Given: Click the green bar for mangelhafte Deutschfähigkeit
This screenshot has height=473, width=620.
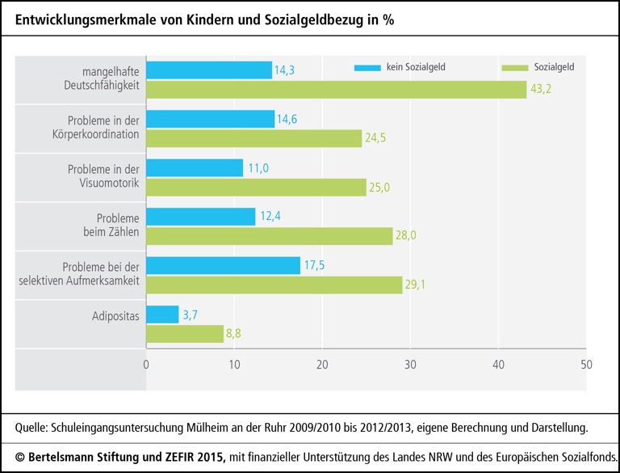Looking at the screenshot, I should coord(336,89).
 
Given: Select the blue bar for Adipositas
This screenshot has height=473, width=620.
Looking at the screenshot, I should coord(162,315).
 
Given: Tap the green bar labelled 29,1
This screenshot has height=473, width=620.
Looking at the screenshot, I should coord(274,285).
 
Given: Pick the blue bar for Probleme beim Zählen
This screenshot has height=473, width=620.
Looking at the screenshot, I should coord(200,217).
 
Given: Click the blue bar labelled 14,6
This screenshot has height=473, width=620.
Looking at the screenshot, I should coord(210,119).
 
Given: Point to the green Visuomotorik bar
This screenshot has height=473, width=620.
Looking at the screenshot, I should coord(256,187).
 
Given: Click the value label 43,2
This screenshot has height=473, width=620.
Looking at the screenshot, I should coord(541,90).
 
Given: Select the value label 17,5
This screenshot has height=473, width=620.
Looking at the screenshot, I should coord(314,265).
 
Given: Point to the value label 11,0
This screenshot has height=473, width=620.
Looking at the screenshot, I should coord(257,167).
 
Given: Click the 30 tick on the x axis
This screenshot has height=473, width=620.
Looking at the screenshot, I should coord(409,365).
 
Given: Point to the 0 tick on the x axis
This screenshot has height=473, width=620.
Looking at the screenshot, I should coord(146,365).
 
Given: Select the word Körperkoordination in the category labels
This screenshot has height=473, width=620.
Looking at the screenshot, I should coord(98,134).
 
